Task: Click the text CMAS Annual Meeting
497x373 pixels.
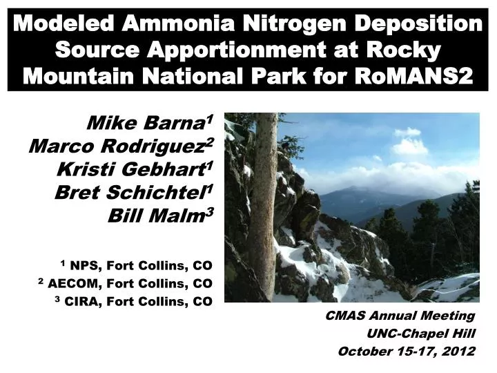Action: pyautogui.click(x=400, y=316)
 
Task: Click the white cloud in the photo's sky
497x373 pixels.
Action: pyautogui.click(x=409, y=146)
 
